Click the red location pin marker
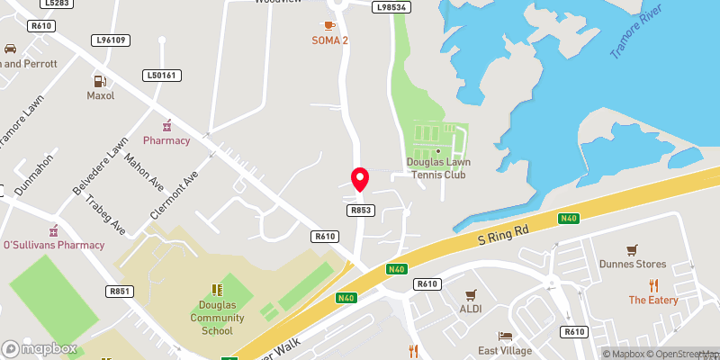pyautogui.click(x=359, y=180)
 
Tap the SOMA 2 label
pyautogui.click(x=329, y=40)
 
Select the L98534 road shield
pyautogui.click(x=391, y=7)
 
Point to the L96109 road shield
pyautogui.click(x=111, y=40)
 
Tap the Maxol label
pyautogui.click(x=100, y=94)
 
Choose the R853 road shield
pyautogui.click(x=360, y=209)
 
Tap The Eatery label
pyautogui.click(x=652, y=300)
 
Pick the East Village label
pyautogui.click(x=505, y=350)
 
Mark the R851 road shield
pyautogui.click(x=119, y=291)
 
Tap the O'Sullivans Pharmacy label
pyautogui.click(x=54, y=244)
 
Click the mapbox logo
pyautogui.click(x=40, y=348)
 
